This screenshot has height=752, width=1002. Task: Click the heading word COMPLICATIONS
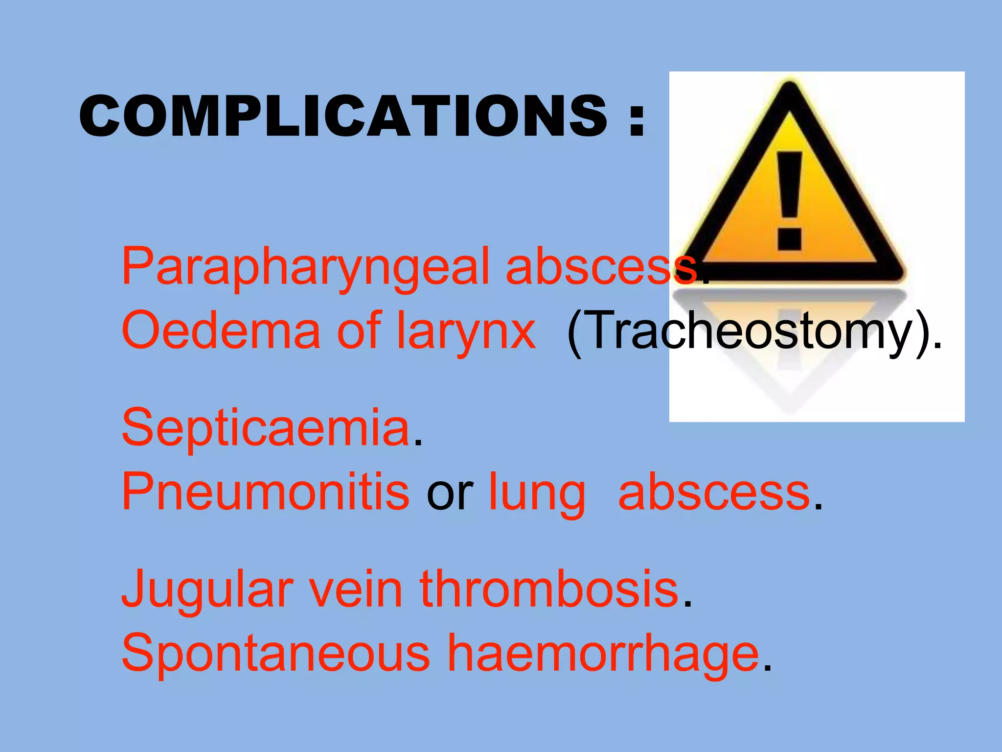[342, 116]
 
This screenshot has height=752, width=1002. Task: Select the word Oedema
[220, 331]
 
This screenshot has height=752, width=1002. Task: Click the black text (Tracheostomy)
[753, 332]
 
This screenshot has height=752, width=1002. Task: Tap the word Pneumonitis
[265, 492]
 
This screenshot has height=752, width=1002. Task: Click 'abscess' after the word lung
[714, 493]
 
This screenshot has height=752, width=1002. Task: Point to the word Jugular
[207, 590]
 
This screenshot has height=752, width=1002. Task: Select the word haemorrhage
[603, 654]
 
